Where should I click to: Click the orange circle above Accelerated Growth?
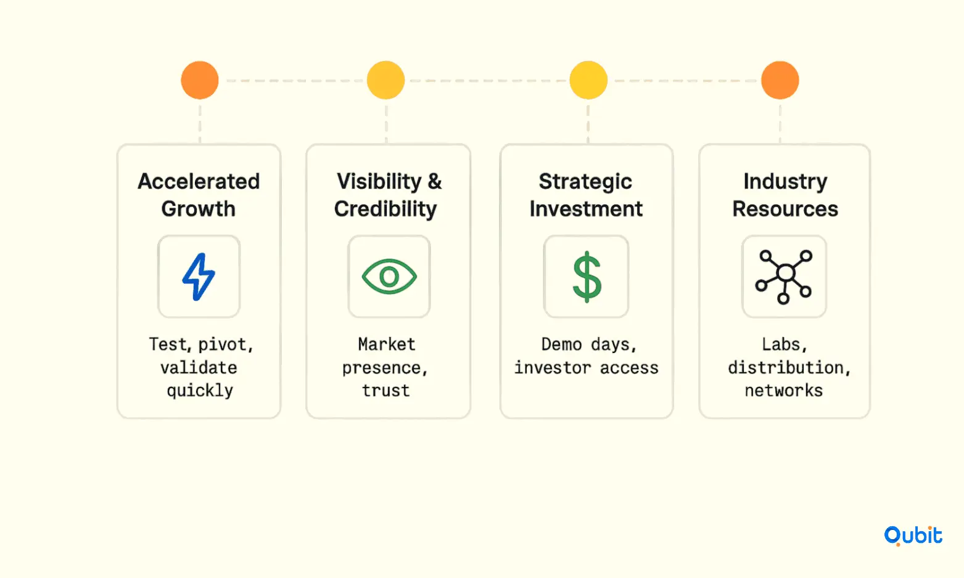pyautogui.click(x=200, y=81)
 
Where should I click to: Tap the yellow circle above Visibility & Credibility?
pyautogui.click(x=385, y=81)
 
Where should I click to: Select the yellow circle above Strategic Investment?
pyautogui.click(x=588, y=81)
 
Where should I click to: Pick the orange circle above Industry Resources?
pyautogui.click(x=780, y=81)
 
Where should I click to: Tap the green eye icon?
pyautogui.click(x=389, y=277)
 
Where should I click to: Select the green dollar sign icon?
pyautogui.click(x=587, y=277)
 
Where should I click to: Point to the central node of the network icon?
pyautogui.click(x=786, y=272)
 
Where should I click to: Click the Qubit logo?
pyautogui.click(x=913, y=536)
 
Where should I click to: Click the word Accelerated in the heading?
pyautogui.click(x=199, y=181)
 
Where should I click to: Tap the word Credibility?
pyautogui.click(x=385, y=210)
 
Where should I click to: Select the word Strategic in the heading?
pyautogui.click(x=585, y=182)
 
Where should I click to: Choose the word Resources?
pyautogui.click(x=785, y=209)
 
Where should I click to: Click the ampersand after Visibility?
pyautogui.click(x=435, y=181)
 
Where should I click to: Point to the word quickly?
pyautogui.click(x=200, y=391)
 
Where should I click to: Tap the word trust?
pyautogui.click(x=385, y=391)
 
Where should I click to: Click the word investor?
pyautogui.click(x=552, y=368)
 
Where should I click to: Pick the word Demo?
pyautogui.click(x=562, y=344)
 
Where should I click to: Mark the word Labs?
pyautogui.click(x=784, y=344)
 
